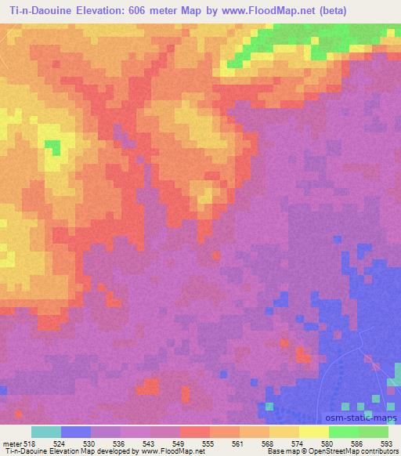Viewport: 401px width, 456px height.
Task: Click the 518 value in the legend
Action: (x=30, y=443)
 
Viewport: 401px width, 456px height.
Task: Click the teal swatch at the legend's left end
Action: (x=45, y=432)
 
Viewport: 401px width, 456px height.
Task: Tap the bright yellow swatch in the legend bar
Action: (x=313, y=432)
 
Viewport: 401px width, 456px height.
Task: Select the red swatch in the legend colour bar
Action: (x=194, y=432)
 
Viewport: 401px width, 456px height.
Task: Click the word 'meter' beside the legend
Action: (x=12, y=443)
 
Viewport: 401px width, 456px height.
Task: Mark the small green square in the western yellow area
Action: (x=52, y=145)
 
